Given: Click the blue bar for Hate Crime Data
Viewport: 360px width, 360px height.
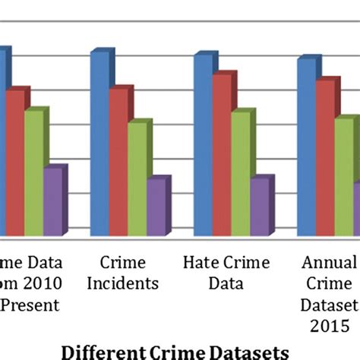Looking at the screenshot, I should [203, 144].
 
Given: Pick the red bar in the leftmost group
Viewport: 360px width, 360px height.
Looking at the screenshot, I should [15, 163].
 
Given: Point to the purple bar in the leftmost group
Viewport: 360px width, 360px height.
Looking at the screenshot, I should [52, 201].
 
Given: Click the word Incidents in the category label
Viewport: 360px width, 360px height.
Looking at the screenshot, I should [123, 284].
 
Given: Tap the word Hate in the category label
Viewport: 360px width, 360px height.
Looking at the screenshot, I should [199, 264].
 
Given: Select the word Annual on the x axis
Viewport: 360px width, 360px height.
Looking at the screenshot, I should [329, 264].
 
